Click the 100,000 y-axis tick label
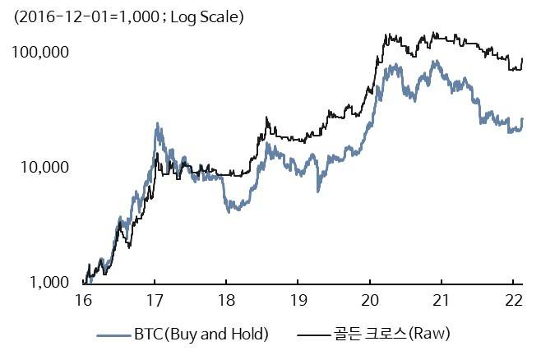tap(39, 53)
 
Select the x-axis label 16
tap(82, 300)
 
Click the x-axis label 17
tap(155, 300)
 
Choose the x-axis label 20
tap(370, 300)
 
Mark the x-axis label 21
tap(442, 300)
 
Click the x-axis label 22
tap(513, 300)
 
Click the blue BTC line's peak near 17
tap(156, 126)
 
